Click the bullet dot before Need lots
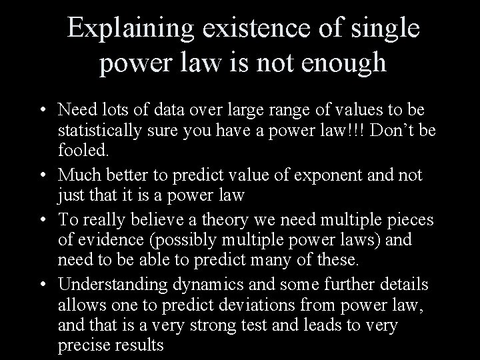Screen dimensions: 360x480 point(42,109)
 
